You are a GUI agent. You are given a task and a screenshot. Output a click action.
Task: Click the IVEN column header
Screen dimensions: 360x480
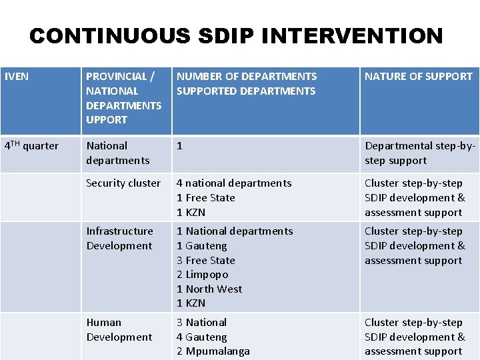17,77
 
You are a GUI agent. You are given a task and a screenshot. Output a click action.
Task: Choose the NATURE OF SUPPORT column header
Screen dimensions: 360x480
418,77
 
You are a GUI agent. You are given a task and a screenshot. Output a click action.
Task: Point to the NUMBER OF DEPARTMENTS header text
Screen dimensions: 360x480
247,77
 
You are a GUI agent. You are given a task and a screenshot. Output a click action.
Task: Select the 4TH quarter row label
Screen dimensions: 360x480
31,146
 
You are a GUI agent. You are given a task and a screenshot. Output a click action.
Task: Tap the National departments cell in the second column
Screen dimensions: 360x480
118,153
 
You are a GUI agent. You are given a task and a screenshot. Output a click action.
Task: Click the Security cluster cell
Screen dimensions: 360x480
123,183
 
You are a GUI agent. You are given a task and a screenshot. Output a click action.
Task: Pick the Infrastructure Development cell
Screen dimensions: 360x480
119,239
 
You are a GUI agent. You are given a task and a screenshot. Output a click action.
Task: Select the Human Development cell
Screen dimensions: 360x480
119,330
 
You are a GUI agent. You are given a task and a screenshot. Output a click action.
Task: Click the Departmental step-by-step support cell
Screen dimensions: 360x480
419,153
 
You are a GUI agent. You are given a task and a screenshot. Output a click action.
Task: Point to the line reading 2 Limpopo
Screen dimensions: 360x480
203,275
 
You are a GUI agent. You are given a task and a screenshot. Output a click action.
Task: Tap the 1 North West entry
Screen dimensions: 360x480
209,289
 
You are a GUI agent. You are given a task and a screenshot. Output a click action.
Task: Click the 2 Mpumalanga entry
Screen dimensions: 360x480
213,351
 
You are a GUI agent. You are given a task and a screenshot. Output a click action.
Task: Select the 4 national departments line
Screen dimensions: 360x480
234,183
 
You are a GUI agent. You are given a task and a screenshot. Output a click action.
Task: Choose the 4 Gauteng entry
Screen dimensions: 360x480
202,337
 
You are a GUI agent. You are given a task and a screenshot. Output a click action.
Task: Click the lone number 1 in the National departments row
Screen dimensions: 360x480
179,146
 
